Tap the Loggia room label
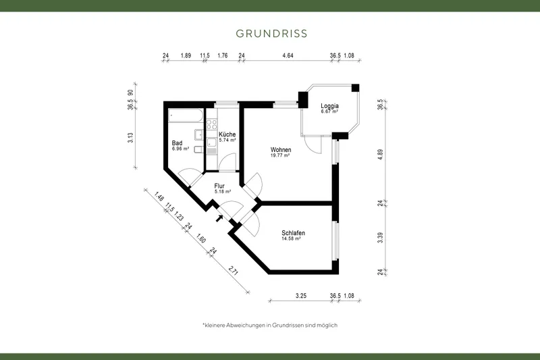(x=329, y=106)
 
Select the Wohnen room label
(x=280, y=149)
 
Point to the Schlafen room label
(x=294, y=233)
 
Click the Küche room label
(x=227, y=134)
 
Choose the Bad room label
(x=178, y=143)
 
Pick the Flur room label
(x=219, y=186)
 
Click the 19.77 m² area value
(x=280, y=155)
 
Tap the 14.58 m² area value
(x=291, y=239)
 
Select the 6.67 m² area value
(x=329, y=111)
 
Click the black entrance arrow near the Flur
(x=219, y=218)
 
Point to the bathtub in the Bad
(x=184, y=116)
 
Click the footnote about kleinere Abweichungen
(x=270, y=325)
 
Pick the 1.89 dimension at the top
(x=186, y=56)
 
